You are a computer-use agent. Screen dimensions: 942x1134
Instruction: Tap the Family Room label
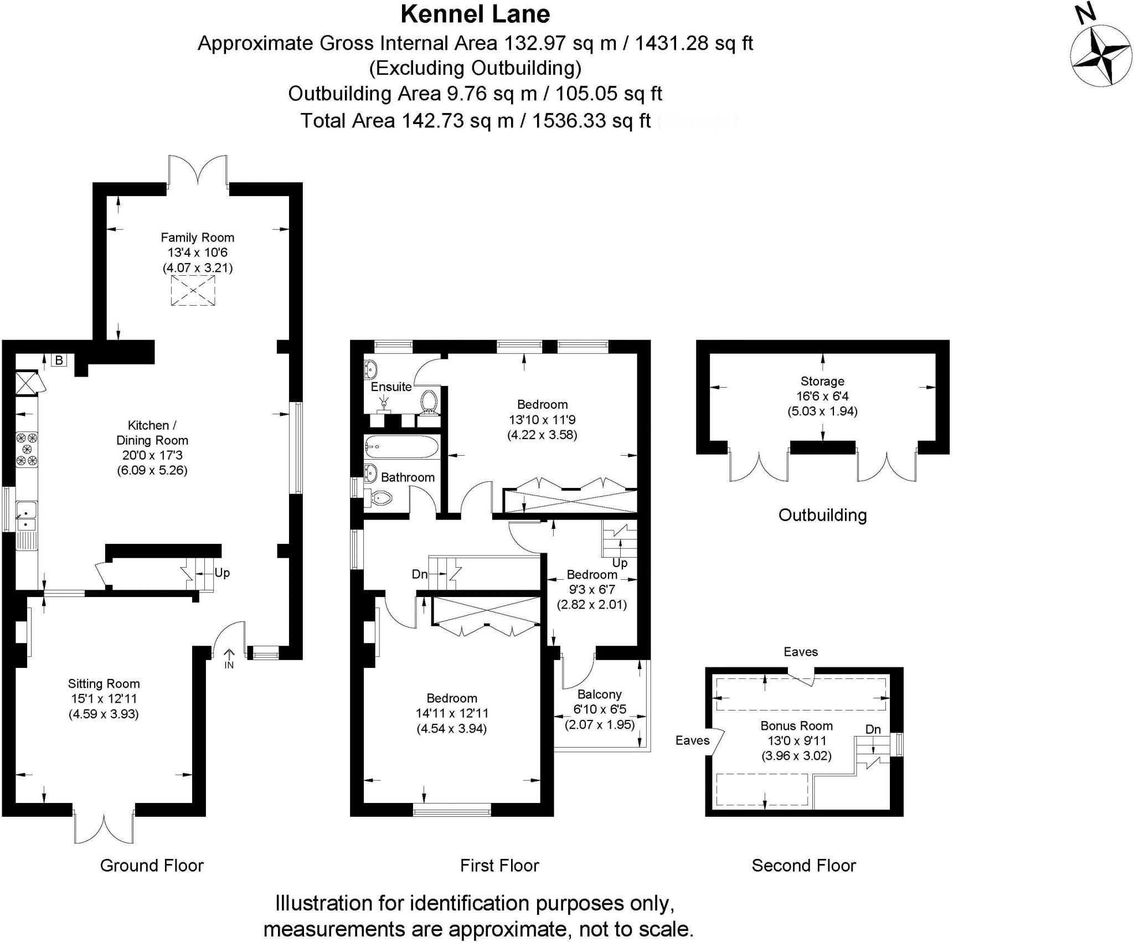click(197, 238)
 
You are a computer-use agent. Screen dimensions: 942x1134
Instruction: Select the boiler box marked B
click(59, 361)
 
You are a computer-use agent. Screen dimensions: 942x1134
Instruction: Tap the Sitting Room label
click(104, 683)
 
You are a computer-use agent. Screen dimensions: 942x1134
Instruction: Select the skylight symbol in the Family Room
click(193, 291)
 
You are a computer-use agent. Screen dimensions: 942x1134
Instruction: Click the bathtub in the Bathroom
click(401, 446)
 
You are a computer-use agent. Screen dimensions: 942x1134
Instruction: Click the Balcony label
click(599, 694)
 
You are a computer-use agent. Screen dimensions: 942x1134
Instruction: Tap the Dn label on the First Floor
click(420, 574)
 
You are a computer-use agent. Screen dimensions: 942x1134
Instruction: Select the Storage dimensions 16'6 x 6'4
click(822, 396)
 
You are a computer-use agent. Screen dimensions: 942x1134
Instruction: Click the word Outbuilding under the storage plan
click(822, 515)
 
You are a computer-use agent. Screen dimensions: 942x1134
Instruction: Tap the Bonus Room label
click(796, 725)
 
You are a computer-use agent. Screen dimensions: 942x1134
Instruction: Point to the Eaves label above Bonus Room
click(801, 652)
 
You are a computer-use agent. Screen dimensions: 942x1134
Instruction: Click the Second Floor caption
click(803, 866)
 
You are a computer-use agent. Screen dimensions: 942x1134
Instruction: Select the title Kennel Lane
click(475, 14)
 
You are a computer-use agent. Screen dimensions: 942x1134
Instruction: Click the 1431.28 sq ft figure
click(693, 43)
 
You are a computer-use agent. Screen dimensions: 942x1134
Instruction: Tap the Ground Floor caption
click(152, 866)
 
